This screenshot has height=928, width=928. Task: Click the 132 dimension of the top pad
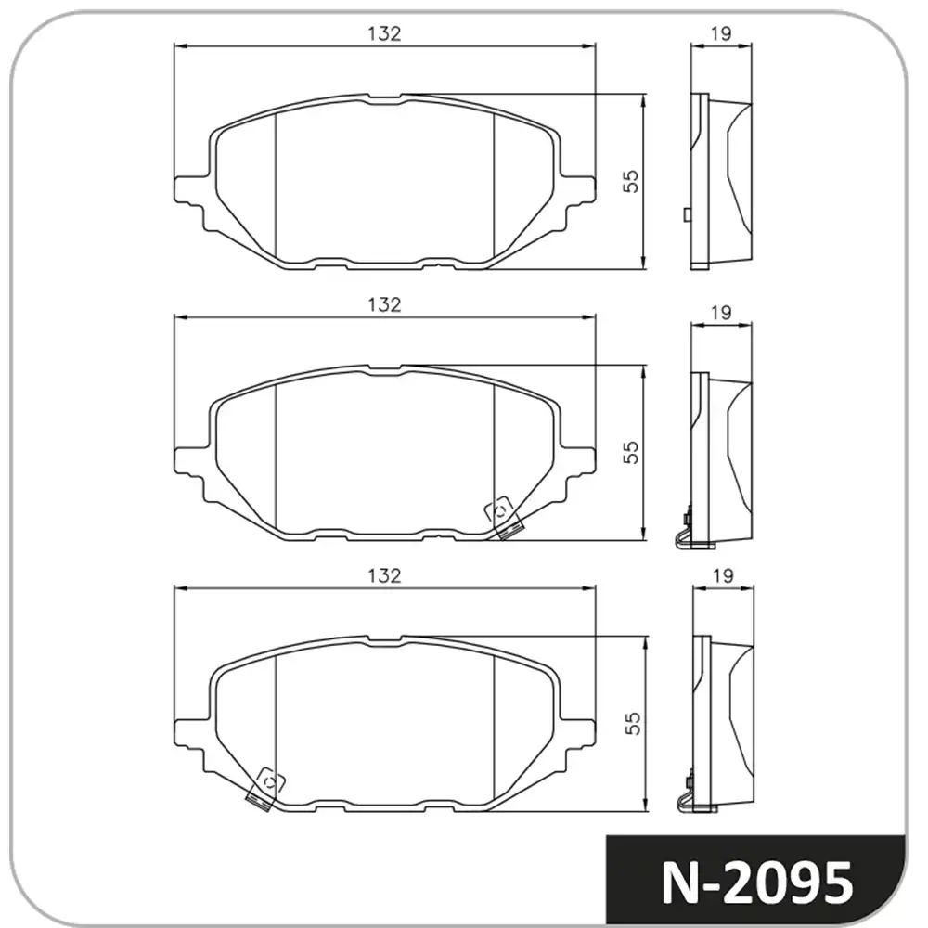click(x=384, y=33)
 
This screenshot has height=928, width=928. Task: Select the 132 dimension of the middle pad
click(x=384, y=304)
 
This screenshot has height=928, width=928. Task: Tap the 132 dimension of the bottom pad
click(x=384, y=575)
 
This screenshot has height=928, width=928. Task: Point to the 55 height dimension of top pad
click(x=632, y=181)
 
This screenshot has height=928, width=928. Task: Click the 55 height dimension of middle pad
click(x=632, y=452)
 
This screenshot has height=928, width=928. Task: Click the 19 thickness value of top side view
click(x=721, y=33)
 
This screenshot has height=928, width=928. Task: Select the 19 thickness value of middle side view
click(x=721, y=314)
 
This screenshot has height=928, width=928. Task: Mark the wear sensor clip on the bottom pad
click(x=264, y=788)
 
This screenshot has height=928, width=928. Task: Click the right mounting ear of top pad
click(x=579, y=190)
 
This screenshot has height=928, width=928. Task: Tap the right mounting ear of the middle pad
click(x=579, y=461)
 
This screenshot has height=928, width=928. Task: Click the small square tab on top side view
click(x=686, y=215)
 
